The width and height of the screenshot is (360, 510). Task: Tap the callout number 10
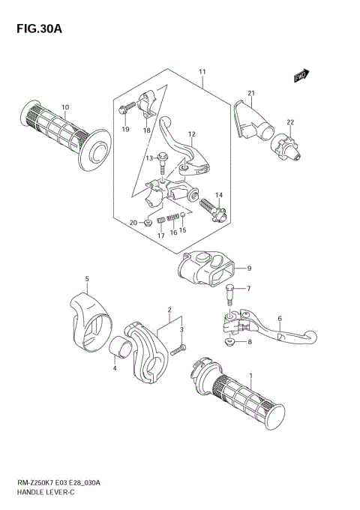click(65, 107)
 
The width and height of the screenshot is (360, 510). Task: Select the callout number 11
click(202, 71)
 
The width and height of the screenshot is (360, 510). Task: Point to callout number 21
click(252, 93)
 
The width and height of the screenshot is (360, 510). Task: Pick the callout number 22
click(289, 122)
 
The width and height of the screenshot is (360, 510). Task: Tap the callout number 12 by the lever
click(191, 135)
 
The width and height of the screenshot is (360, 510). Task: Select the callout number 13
click(149, 158)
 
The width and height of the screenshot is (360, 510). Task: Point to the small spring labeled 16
click(172, 218)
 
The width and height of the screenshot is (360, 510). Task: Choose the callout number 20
click(133, 223)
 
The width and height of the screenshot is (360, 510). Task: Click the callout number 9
click(249, 268)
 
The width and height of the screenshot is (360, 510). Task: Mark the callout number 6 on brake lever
click(279, 319)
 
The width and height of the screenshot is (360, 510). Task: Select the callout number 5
click(86, 279)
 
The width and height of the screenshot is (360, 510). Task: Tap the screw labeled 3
click(177, 349)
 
